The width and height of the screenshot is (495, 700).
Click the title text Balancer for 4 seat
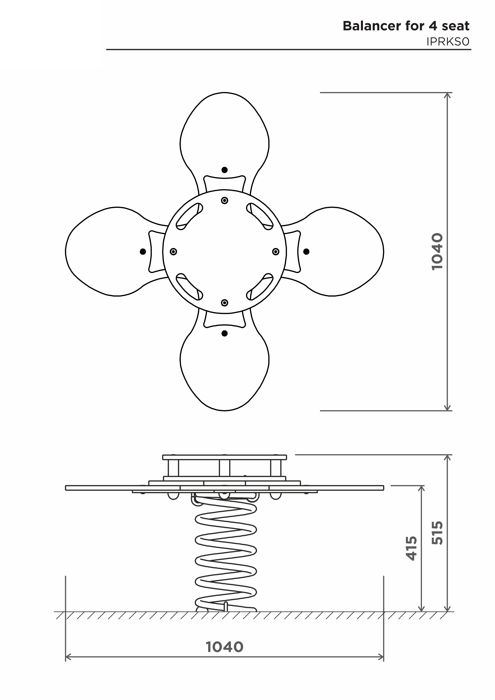[406, 26]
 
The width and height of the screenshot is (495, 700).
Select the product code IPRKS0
[448, 42]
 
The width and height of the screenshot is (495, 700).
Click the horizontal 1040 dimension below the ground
[225, 647]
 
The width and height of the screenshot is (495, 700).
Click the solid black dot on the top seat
[225, 170]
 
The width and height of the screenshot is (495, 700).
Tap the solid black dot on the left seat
[143, 251]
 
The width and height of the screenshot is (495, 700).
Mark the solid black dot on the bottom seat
[225, 333]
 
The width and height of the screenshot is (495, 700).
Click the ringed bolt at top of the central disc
[225, 200]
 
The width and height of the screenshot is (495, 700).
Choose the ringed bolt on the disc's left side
[173, 251]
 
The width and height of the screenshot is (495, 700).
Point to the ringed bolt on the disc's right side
[276, 251]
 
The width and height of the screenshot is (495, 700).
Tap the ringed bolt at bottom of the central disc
[225, 303]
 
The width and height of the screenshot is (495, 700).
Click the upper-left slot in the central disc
[189, 217]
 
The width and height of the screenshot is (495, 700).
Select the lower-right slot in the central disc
[260, 287]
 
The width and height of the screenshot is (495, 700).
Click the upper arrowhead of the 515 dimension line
[448, 458]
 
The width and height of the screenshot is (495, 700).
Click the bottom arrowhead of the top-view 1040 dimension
[448, 407]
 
